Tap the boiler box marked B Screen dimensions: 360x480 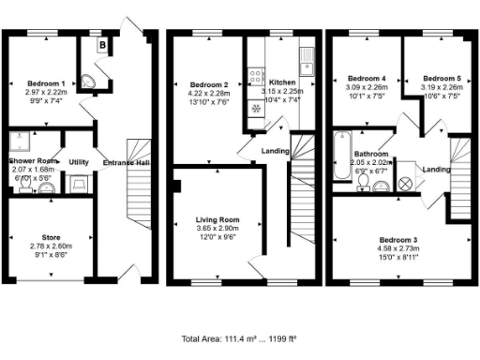pos(101,43)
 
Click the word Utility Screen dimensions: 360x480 pos(79,162)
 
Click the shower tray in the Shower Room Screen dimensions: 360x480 pos(18,142)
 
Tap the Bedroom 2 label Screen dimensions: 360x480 pos(203,84)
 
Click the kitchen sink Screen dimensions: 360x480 pos(306,65)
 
